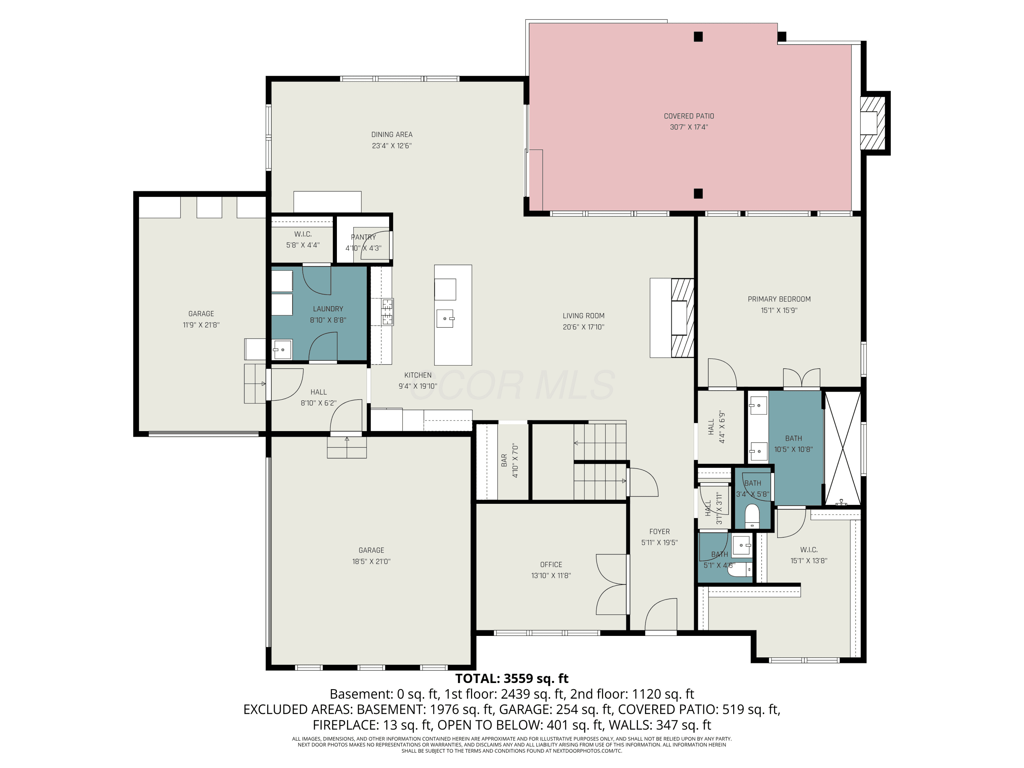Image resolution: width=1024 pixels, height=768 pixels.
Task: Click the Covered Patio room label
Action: tap(689, 116)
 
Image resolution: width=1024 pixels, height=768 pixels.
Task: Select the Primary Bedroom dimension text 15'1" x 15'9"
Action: tap(779, 311)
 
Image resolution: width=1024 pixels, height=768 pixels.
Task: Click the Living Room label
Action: tap(583, 316)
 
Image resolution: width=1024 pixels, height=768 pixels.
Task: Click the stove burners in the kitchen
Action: tap(387, 311)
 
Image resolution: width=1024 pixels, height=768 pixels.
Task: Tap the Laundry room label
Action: tap(328, 309)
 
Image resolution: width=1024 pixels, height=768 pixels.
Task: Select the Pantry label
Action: tap(364, 237)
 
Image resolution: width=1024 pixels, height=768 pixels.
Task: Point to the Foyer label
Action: tap(659, 531)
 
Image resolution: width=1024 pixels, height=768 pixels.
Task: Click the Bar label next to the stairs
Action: tap(504, 460)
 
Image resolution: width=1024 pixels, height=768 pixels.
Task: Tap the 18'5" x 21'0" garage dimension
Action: tap(371, 561)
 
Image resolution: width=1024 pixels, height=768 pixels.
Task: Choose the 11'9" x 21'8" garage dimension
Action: tap(201, 325)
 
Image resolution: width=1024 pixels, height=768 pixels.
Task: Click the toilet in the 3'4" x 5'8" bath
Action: tap(752, 516)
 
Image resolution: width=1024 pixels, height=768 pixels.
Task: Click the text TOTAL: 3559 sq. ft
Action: tap(512, 679)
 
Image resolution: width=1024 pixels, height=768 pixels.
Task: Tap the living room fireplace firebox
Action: tap(680, 317)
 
